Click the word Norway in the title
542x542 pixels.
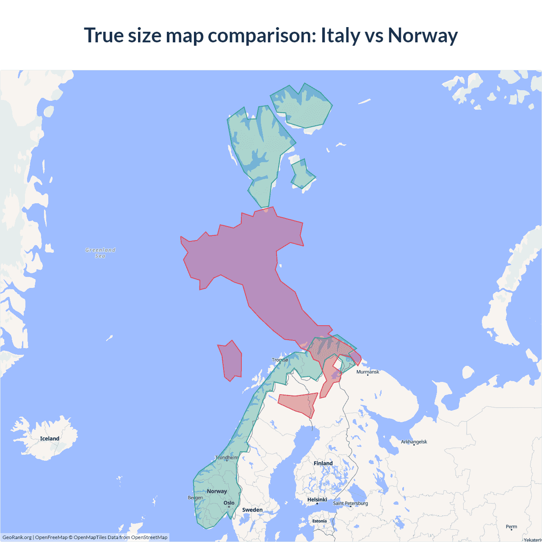coord(423,35)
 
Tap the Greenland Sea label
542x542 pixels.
coord(100,253)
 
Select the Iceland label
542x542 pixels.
coord(50,439)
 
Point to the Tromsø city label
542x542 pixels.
coord(280,360)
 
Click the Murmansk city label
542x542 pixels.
coord(368,372)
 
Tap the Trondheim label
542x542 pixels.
coord(227,457)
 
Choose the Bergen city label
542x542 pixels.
coord(195,498)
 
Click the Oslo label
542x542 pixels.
coord(229,503)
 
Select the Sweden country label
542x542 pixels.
coord(252,510)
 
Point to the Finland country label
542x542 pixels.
coord(323,463)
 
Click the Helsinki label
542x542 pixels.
coord(317,500)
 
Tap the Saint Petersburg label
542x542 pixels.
coord(350,503)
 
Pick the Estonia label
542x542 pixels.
coord(319,521)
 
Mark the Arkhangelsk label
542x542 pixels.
coord(414,442)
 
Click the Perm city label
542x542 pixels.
coord(512,527)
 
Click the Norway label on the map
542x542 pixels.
coord(217,491)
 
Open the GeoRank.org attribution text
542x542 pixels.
coord(17,537)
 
